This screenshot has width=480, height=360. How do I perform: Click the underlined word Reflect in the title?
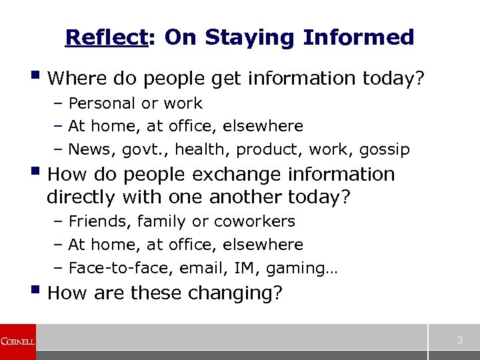pos(105,38)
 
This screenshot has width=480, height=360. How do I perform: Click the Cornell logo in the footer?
pos(18,341)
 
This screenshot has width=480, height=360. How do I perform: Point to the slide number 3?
pos(459,341)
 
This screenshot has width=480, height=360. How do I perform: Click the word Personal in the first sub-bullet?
pos(99,103)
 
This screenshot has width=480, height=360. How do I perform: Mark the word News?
pos(89,149)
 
